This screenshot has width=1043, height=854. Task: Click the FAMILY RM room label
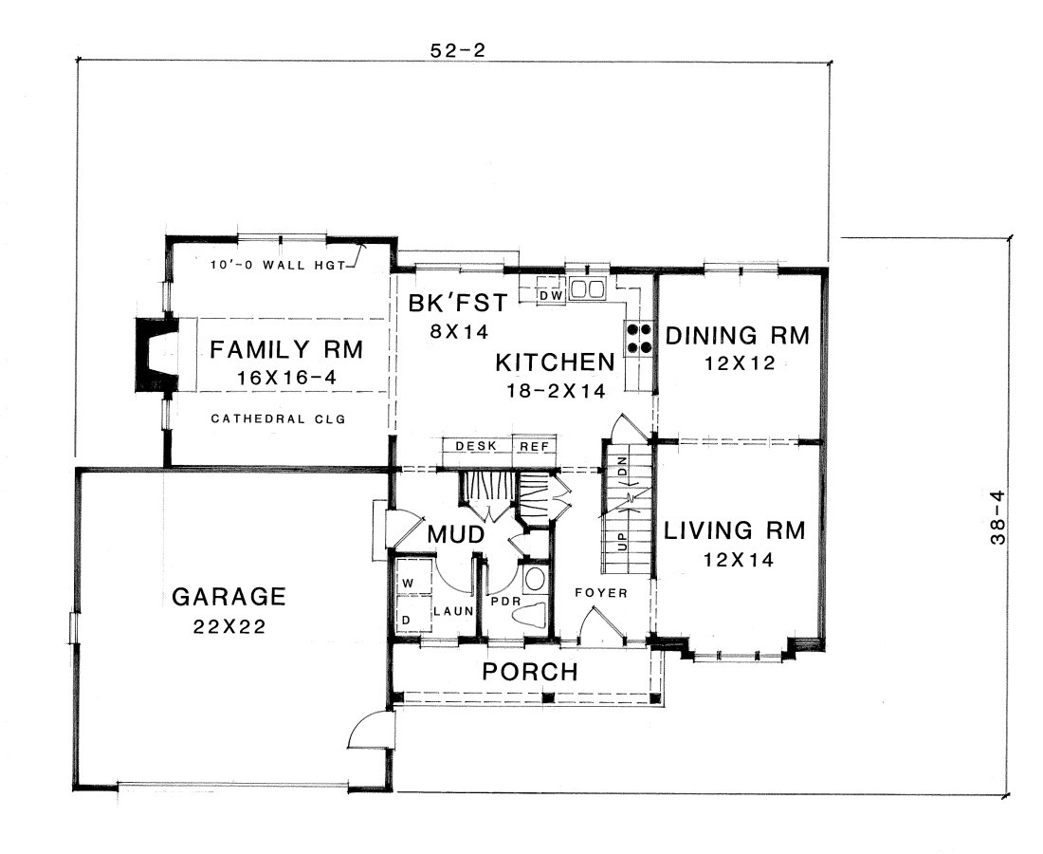(x=286, y=349)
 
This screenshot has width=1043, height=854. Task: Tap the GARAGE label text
(x=229, y=597)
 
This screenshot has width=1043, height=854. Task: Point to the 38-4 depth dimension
(x=997, y=517)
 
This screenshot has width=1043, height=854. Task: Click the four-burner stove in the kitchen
(x=638, y=338)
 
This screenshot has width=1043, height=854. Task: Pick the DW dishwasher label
(x=552, y=295)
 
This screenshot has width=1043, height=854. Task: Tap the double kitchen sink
(x=586, y=288)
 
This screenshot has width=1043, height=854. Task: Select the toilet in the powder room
(x=530, y=614)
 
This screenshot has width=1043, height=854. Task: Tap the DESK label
(x=476, y=446)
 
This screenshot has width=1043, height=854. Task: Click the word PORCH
(x=530, y=672)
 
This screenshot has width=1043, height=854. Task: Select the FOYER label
(x=601, y=592)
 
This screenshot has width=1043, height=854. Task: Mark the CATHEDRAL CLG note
(x=278, y=418)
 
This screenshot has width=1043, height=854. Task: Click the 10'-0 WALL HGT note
(x=278, y=265)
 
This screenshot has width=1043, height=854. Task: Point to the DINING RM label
(x=738, y=336)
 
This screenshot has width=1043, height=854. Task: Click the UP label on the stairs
(x=623, y=541)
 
